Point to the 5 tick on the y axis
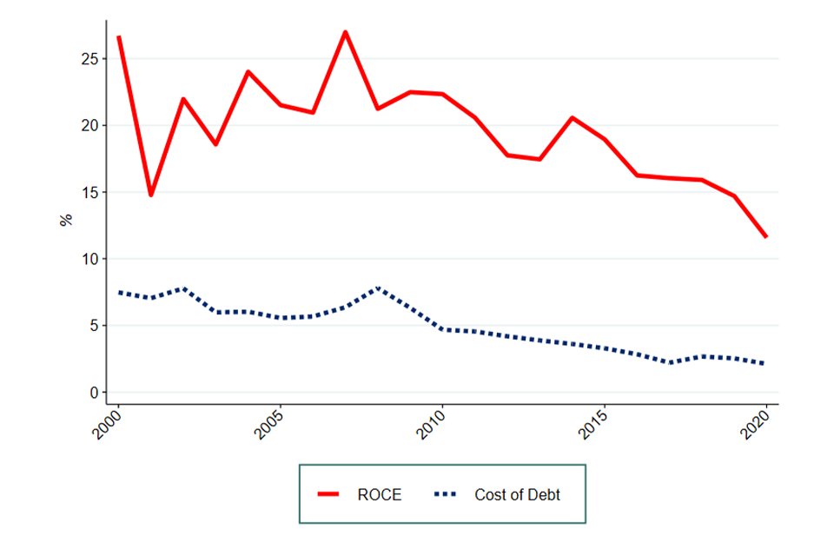coord(93,326)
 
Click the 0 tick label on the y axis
coord(93,393)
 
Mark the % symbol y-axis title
coord(66,221)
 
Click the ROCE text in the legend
coord(380,495)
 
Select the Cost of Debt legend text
coord(518,495)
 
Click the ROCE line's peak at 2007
coord(345,32)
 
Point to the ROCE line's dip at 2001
coord(150,195)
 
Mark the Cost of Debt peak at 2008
coord(378,288)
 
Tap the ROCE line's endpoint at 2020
coord(765,236)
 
